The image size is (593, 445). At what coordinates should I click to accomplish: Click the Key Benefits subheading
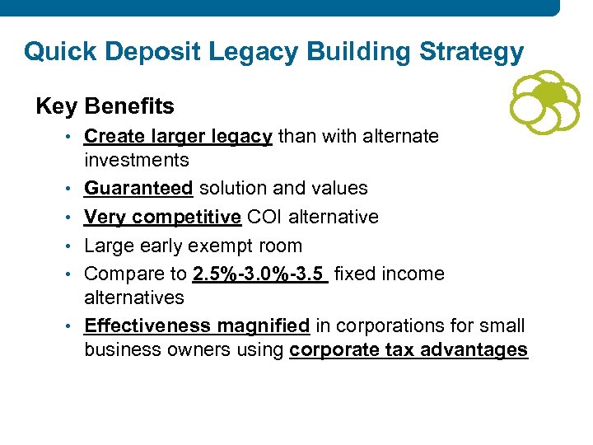point(105,106)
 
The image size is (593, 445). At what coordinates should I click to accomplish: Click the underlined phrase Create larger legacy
point(178,136)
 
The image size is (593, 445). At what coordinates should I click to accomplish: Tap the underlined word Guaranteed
point(138,189)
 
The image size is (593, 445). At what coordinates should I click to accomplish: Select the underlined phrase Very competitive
point(162,217)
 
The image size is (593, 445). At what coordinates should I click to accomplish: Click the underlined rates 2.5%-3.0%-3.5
point(259,274)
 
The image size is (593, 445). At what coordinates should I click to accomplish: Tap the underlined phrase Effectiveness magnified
point(197,326)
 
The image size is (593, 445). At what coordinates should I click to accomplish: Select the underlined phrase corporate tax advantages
point(409,349)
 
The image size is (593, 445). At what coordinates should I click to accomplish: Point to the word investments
point(136,160)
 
